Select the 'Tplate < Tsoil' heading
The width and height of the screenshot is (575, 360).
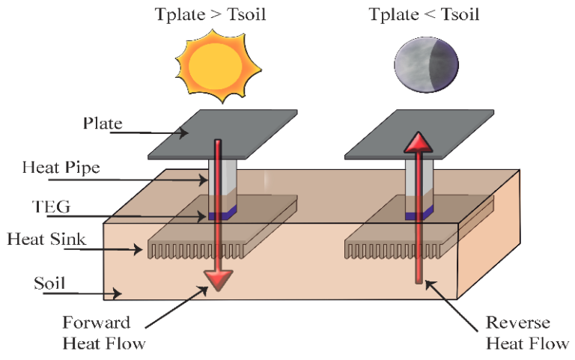pos(425,14)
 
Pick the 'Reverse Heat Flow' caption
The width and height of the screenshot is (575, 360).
pos(517,332)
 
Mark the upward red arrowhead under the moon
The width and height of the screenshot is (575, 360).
pos(417,143)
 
